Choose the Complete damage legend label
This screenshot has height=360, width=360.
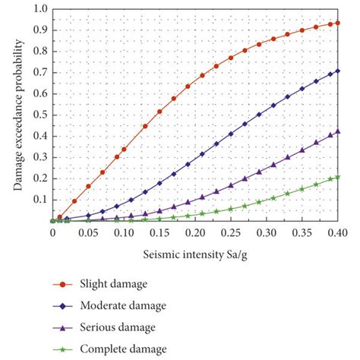pos(128,349)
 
